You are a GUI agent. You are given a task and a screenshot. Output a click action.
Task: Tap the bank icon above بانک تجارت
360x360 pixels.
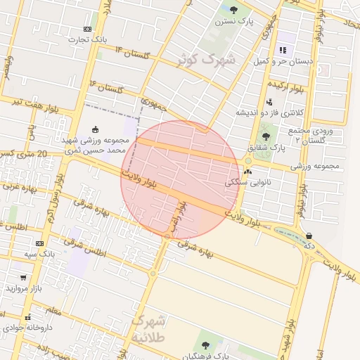coord(87,29)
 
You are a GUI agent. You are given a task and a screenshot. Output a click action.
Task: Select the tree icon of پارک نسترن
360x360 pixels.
coord(233,10)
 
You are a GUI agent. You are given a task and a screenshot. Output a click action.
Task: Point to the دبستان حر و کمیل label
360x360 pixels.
coord(283,62)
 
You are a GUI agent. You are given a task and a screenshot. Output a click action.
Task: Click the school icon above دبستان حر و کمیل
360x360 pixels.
coord(283,50)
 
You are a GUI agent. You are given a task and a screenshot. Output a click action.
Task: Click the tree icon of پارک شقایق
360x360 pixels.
coord(265,136)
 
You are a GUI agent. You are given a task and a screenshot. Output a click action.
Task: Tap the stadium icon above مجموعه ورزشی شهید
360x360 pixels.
coord(96,129)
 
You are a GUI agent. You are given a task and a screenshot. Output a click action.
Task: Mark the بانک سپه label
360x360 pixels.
coord(40,253)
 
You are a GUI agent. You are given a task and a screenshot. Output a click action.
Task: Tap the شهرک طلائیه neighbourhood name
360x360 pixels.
coord(149,329)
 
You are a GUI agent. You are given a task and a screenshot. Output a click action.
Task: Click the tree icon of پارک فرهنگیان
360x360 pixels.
coord(205,345)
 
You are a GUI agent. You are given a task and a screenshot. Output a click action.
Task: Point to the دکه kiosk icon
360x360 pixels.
coord(309,236)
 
